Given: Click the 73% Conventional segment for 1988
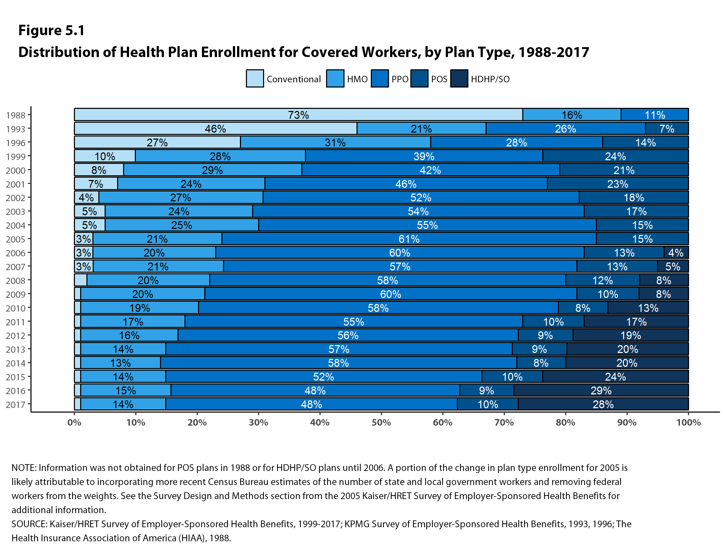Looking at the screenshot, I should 298,115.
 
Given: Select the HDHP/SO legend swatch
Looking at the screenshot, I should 459,78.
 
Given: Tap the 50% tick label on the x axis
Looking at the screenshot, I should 381,422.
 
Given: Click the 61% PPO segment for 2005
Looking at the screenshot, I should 409,239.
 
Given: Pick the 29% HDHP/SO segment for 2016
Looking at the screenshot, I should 601,390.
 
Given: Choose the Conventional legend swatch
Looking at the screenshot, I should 255,78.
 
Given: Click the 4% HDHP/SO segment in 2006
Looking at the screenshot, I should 676,253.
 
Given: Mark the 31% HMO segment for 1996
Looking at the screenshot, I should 335,142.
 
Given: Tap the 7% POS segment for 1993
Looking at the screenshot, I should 667,128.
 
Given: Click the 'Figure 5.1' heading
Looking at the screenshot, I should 52,30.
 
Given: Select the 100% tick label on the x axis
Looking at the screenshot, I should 688,422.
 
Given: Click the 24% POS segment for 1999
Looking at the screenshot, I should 615,156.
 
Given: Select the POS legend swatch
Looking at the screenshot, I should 419,78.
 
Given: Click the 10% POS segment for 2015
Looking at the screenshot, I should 512,376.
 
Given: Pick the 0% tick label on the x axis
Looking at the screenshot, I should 74,422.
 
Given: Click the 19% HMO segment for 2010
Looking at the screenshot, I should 139,308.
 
